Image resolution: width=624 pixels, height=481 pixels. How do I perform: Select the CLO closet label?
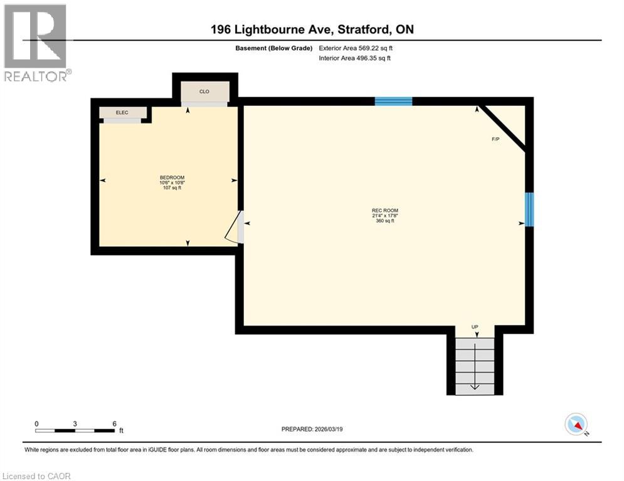click(204, 91)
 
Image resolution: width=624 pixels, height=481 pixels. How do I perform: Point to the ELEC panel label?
click(122, 112)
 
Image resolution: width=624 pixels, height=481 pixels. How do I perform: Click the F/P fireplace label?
click(495, 139)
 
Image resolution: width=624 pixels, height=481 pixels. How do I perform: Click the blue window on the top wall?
click(393, 101)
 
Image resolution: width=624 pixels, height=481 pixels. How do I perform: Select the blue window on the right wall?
click(529, 209)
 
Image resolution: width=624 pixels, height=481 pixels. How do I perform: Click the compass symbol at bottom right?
click(575, 424)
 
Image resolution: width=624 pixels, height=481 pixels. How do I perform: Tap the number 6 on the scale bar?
click(114, 423)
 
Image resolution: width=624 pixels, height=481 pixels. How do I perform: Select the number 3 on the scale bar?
click(75, 423)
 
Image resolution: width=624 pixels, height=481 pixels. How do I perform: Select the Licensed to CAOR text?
click(38, 476)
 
